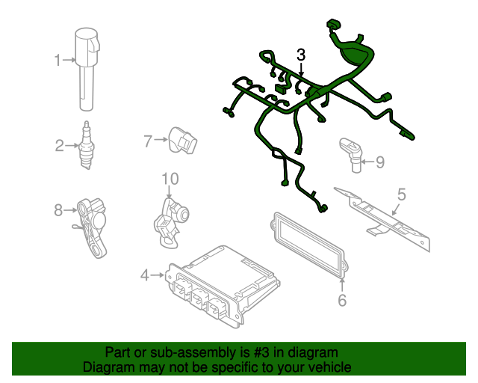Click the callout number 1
click(58, 59)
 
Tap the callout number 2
click(59, 145)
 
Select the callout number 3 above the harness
click(301, 55)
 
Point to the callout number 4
click(145, 276)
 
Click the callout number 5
click(401, 195)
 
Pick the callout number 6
click(342, 301)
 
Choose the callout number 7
click(148, 140)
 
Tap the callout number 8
click(58, 210)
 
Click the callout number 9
click(379, 162)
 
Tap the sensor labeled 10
click(170, 219)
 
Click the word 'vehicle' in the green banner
click(328, 367)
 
